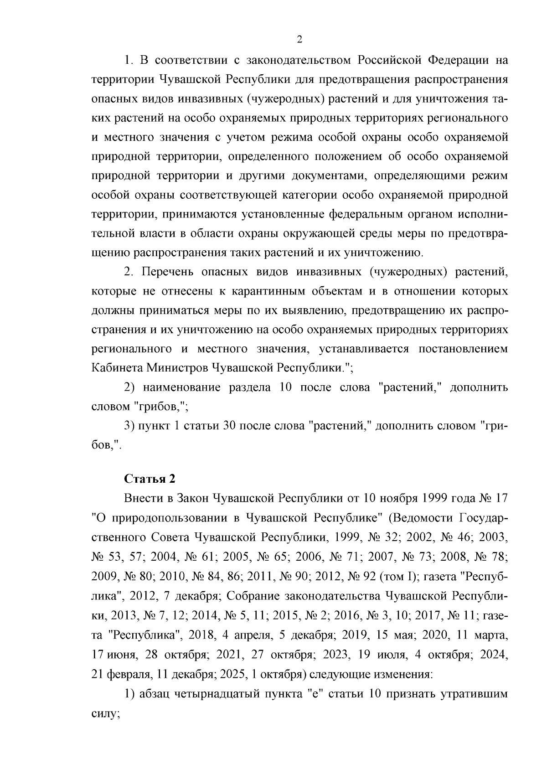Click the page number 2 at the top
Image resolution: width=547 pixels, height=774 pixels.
coord(299,40)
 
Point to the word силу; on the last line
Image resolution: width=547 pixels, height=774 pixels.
coord(105,713)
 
